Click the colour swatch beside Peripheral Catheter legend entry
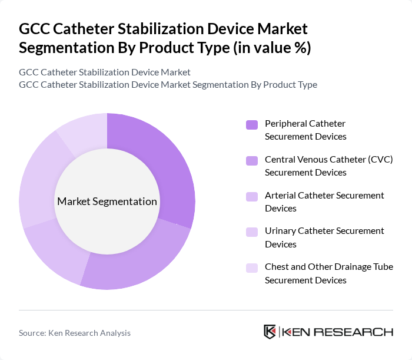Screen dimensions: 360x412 [x=252, y=124]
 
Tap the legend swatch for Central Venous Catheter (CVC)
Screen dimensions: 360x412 [x=252, y=160]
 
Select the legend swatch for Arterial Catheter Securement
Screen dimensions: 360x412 [x=252, y=196]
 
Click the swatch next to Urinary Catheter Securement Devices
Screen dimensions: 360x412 [x=252, y=232]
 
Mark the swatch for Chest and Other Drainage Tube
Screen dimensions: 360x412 [x=252, y=268]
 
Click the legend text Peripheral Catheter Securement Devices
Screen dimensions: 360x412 [x=305, y=130]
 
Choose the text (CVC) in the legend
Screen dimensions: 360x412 [x=381, y=160]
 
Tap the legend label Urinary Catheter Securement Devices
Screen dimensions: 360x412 [x=324, y=237]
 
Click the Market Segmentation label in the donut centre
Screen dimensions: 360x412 [x=107, y=202]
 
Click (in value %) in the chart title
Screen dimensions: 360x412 [x=272, y=48]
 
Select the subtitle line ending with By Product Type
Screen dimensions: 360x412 [x=168, y=85]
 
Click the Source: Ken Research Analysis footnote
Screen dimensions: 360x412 [x=75, y=333]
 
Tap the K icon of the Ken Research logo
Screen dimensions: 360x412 [x=270, y=332]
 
